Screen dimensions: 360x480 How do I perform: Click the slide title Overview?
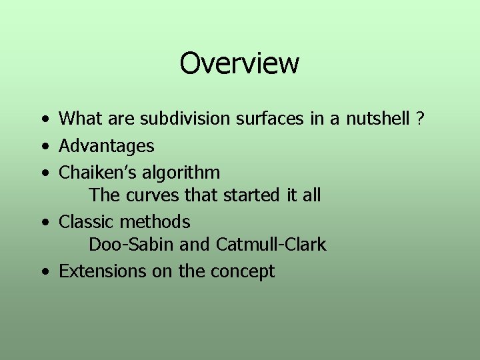[x=239, y=64]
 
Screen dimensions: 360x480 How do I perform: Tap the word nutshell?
[x=377, y=120]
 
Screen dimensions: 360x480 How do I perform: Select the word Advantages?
[x=107, y=146]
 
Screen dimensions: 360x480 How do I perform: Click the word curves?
[x=149, y=196]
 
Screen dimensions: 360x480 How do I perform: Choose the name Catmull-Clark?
[x=271, y=245]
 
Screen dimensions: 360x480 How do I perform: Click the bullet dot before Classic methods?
[x=44, y=222]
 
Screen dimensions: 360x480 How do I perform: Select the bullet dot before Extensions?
[x=44, y=272]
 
